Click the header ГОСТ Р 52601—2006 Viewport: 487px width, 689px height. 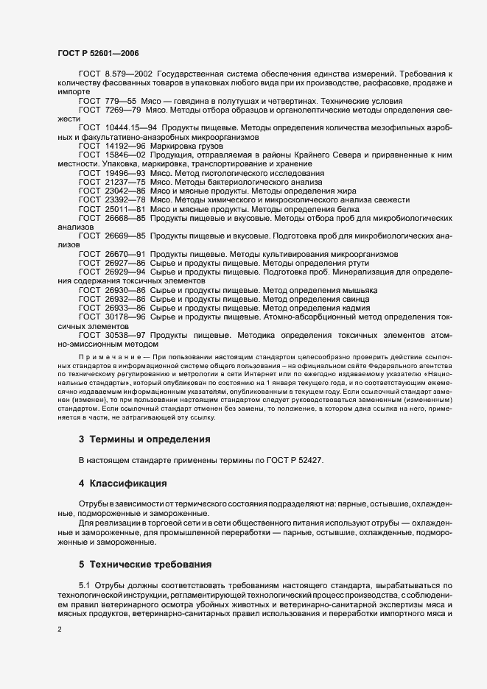pyautogui.click(x=98, y=53)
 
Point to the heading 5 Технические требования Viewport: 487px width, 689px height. pyautogui.click(x=145, y=565)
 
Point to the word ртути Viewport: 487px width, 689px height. pyautogui.click(x=332, y=263)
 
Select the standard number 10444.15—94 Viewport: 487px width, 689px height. pyautogui.click(x=130, y=127)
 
